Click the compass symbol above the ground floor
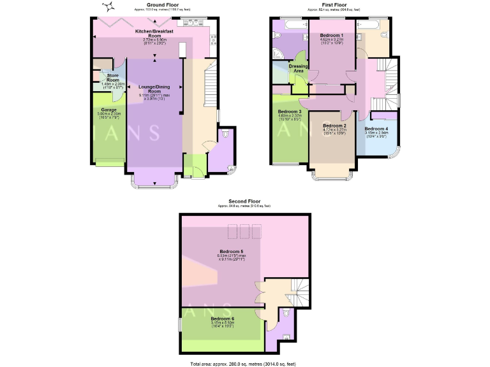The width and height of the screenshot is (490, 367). [x=108, y=8]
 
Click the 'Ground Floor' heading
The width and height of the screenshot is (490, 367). [x=154, y=4]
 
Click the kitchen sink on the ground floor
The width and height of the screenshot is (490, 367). [x=191, y=24]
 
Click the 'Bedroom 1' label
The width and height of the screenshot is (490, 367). [x=332, y=35]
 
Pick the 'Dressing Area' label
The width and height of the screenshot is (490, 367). [x=299, y=68]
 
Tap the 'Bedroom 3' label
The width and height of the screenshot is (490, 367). [x=290, y=112]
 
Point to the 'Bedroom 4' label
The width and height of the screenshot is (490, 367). [x=376, y=129]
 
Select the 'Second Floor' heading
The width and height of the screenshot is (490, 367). [x=244, y=201]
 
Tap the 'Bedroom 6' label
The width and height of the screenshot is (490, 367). [x=223, y=319]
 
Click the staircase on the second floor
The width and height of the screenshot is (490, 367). [x=297, y=293]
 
